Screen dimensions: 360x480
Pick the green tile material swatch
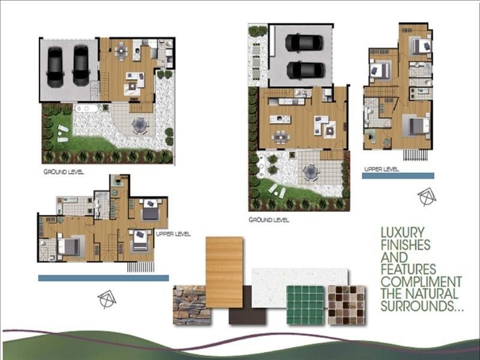[305, 305]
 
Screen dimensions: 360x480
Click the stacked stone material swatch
[191, 305]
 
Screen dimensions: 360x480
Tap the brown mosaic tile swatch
[346, 305]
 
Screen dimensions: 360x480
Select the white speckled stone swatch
[300, 282]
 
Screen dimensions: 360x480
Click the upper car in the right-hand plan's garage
[305, 42]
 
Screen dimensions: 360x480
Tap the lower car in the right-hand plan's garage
[305, 70]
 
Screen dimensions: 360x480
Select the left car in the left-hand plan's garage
[55, 66]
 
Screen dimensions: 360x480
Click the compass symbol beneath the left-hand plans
[107, 299]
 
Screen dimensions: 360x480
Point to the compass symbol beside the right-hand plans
[427, 197]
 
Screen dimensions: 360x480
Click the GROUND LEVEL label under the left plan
[64, 172]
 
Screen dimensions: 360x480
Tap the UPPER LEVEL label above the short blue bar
[381, 170]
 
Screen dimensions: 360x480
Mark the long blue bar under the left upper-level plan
[103, 278]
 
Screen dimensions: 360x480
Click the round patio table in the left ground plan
[140, 125]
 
